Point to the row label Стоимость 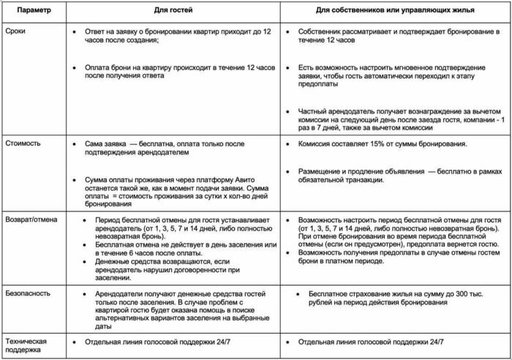click(x=25, y=145)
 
